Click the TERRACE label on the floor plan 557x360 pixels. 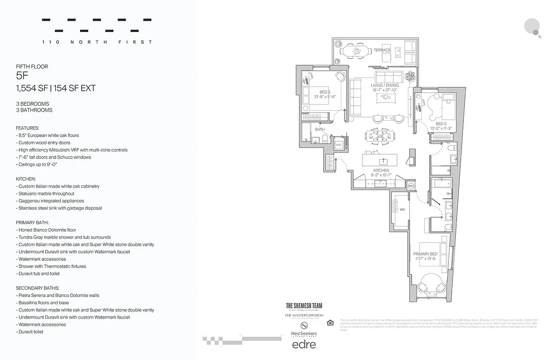[382, 50]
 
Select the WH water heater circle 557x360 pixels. [411, 186]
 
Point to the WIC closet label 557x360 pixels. [402, 210]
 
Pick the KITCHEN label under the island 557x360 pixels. [381, 171]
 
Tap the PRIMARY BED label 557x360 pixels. [425, 254]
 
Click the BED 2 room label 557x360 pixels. [441, 124]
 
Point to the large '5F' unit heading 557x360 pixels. [22, 76]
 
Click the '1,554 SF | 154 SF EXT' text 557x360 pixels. [55, 88]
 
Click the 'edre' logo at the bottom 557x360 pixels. [304, 345]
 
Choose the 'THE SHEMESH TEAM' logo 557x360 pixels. [304, 306]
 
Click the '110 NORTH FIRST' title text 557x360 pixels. [97, 42]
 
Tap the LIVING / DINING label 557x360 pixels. [385, 85]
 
